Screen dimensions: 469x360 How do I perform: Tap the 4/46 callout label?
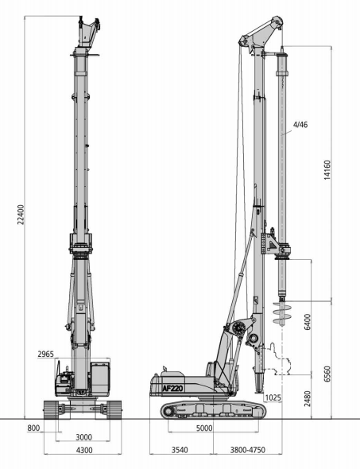click(x=300, y=125)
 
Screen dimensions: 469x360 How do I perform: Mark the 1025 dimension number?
click(x=273, y=397)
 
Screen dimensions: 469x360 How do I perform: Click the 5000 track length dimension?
click(x=204, y=429)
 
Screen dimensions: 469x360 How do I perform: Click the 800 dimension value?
click(x=33, y=429)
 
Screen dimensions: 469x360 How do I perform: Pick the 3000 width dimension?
click(x=83, y=436)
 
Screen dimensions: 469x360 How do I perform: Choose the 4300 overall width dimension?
click(x=83, y=450)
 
